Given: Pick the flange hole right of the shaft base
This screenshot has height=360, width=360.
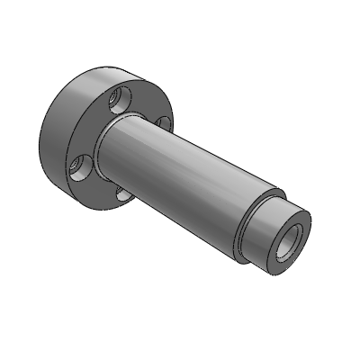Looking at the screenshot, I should (x=162, y=122).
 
